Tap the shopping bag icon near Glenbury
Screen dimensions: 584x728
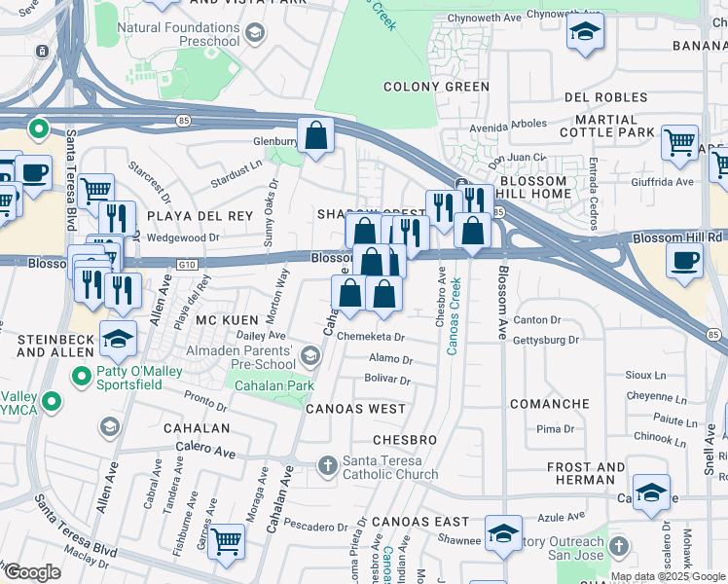click(x=316, y=135)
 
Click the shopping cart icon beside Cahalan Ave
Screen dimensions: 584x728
click(x=226, y=539)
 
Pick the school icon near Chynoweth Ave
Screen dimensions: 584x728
click(x=584, y=34)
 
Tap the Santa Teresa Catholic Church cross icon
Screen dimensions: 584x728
click(x=328, y=466)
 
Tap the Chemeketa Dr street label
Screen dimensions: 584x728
click(x=371, y=337)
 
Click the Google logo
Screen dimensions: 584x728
click(x=32, y=572)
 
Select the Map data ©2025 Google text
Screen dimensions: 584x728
click(x=668, y=576)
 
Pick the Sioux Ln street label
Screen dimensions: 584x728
click(x=645, y=374)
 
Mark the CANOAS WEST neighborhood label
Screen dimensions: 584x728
click(x=356, y=409)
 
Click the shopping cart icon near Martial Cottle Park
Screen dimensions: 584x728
click(x=679, y=142)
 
